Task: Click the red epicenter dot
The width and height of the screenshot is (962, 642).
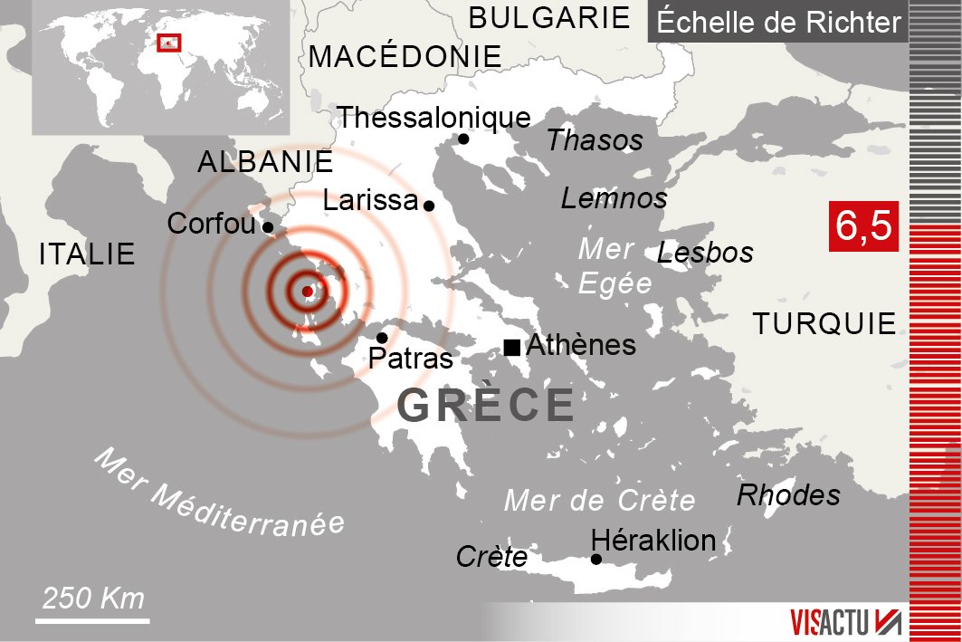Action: pos(307,292)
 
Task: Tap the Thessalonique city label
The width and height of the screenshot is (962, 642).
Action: pos(433,118)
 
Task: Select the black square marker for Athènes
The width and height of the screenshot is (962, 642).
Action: pos(512,346)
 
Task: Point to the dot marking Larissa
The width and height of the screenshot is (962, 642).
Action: pos(429,206)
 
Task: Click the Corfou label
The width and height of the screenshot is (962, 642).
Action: pos(212,224)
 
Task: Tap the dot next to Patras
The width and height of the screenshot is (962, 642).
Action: pos(382,338)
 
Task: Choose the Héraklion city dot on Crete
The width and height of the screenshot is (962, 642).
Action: pos(595,559)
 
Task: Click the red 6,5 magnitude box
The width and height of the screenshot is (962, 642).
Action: pos(862,226)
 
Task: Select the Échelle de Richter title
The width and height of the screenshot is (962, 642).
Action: pos(778,22)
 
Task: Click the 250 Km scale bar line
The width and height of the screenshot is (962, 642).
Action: pos(92,621)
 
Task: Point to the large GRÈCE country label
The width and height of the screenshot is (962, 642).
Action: pos(486,406)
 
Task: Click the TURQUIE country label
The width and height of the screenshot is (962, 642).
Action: pos(824,323)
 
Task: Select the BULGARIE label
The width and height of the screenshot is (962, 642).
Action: pos(549,17)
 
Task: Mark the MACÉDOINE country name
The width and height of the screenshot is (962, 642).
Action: pos(405,57)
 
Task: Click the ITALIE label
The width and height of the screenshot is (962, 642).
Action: pos(87,254)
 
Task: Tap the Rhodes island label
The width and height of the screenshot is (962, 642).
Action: pos(788,495)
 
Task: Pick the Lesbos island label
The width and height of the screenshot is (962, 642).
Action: pos(705,253)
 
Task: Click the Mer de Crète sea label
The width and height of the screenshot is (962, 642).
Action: pos(599,500)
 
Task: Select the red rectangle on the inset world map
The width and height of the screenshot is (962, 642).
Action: pos(169,43)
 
